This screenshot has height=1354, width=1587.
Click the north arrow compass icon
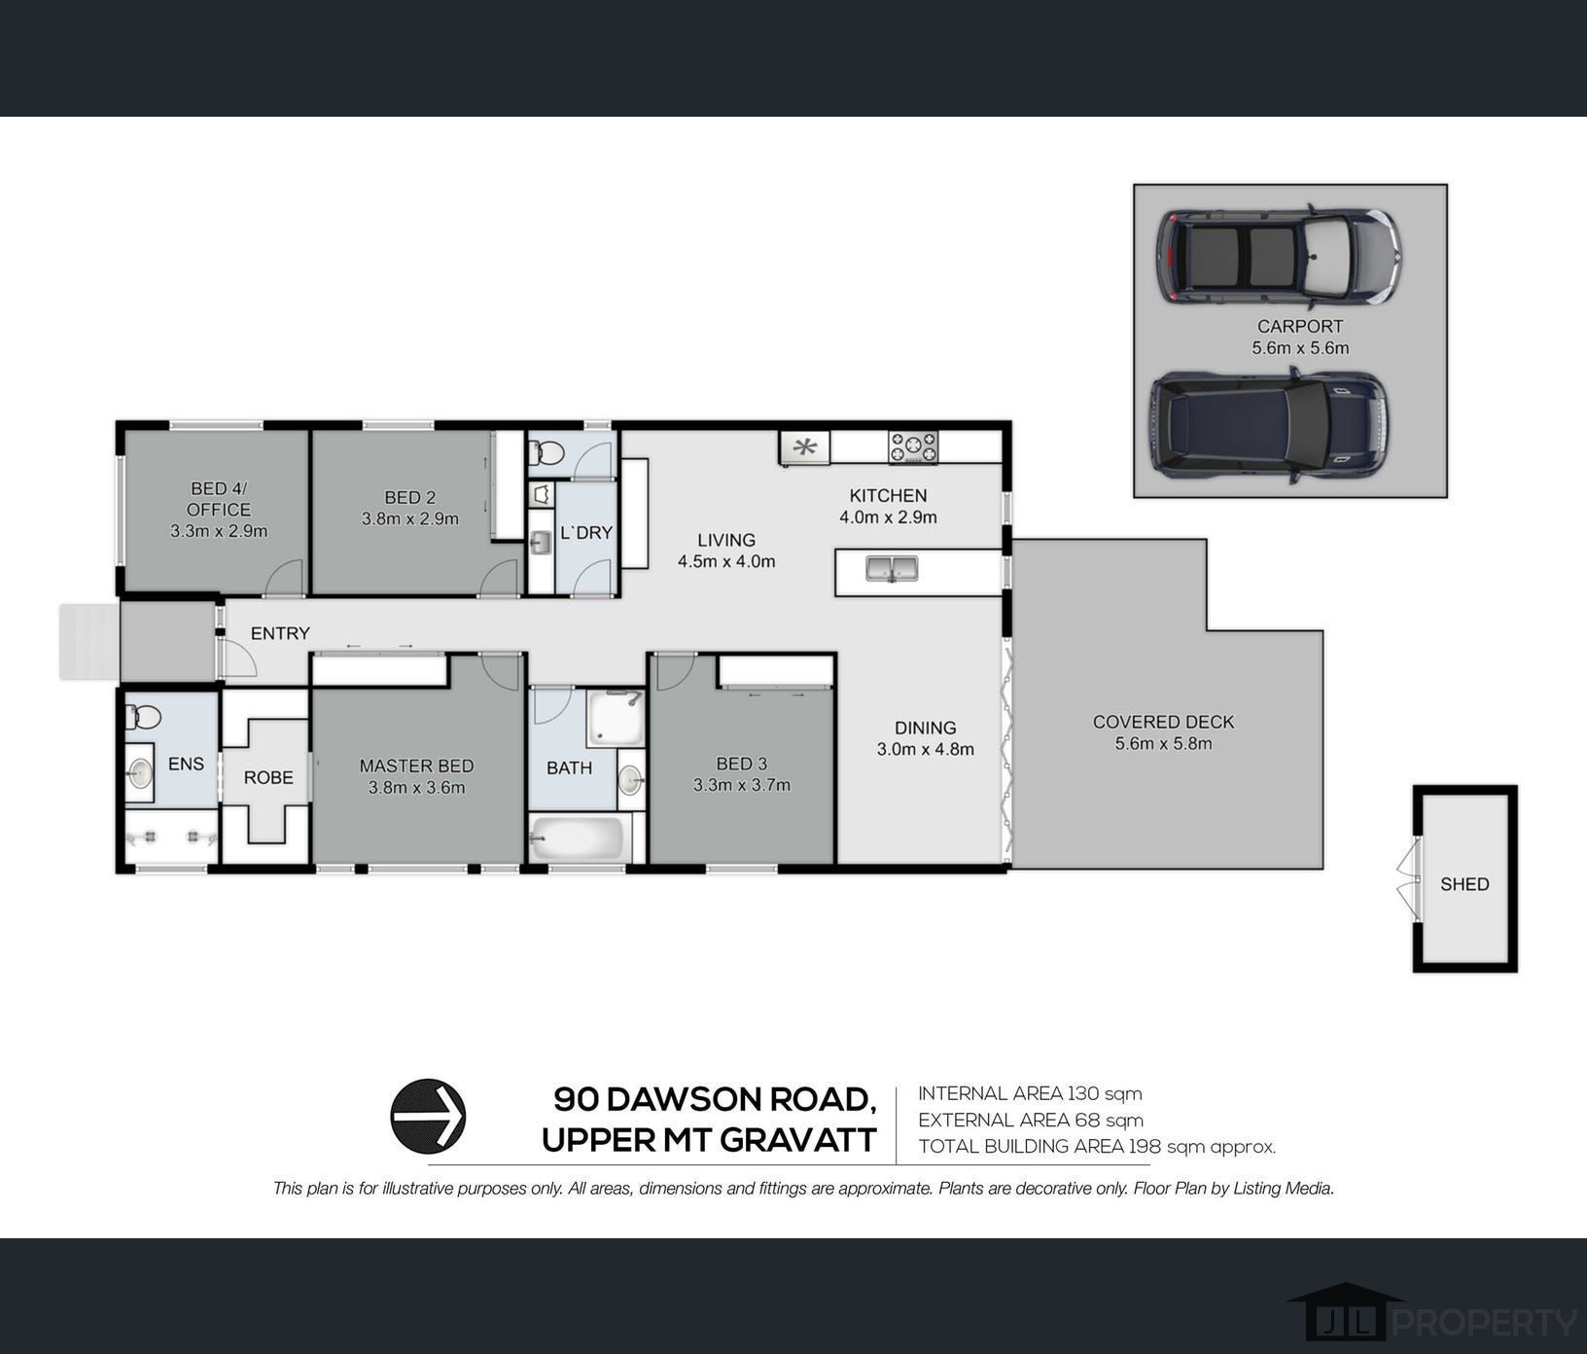[428, 1117]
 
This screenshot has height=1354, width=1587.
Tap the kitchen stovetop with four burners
[913, 447]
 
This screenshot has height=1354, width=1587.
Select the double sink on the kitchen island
[892, 568]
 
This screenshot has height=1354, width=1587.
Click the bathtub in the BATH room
[578, 837]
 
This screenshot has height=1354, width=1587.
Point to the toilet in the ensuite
[143, 718]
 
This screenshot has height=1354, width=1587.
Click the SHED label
[1464, 884]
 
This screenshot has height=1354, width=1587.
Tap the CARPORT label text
[1300, 327]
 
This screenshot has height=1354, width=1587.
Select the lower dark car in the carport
[1269, 424]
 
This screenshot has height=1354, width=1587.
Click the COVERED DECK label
[1163, 722]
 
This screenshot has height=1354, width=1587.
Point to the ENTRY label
[280, 633]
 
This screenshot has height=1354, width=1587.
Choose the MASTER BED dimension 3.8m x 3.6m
[416, 788]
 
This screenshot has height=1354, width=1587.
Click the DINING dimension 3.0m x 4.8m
[926, 749]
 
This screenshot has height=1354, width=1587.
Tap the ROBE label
[268, 778]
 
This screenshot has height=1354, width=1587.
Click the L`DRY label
[586, 533]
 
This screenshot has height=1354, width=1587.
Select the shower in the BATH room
[616, 718]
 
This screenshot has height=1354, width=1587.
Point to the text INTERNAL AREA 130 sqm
[1030, 1093]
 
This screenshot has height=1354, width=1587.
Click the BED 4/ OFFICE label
[219, 499]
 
